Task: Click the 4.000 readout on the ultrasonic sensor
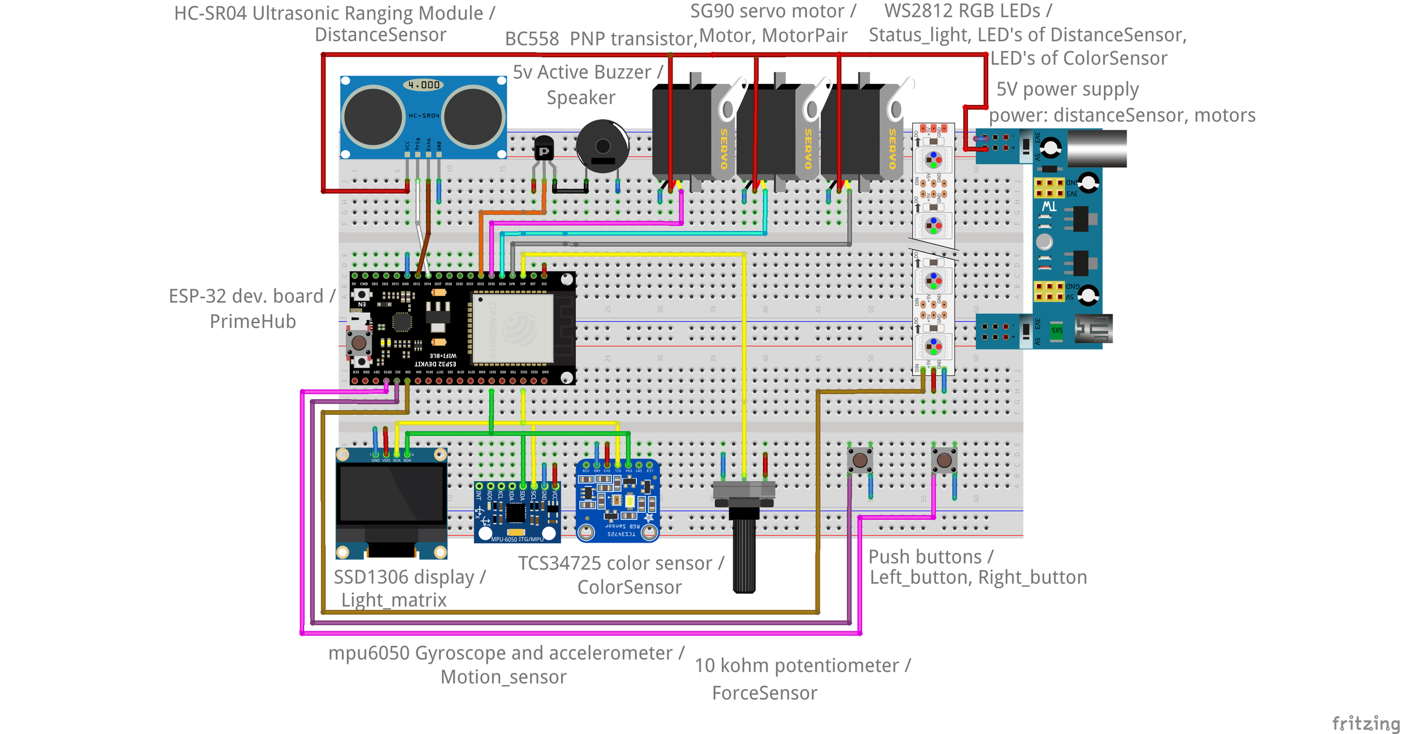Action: coord(423,85)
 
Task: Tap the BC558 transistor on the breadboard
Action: coord(543,148)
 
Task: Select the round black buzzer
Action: coord(602,146)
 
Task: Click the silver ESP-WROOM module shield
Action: coord(513,328)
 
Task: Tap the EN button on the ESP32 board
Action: coord(363,295)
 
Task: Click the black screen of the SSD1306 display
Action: coord(392,494)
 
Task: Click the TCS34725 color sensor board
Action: coord(618,501)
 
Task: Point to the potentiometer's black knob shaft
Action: coord(744,554)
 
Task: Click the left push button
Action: coord(860,460)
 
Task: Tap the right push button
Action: coord(944,460)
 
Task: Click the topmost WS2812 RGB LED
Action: coord(933,159)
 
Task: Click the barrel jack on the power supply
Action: coord(1097,148)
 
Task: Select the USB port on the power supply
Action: coord(1093,328)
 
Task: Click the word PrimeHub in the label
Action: coord(253,321)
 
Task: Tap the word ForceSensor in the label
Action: coord(764,693)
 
